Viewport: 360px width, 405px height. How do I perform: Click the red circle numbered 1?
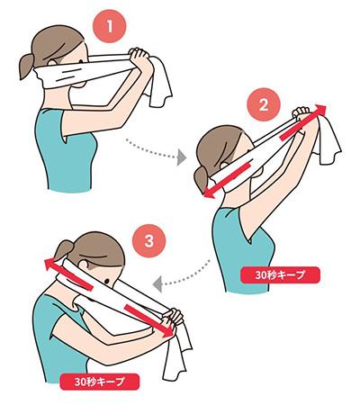pos(110,26)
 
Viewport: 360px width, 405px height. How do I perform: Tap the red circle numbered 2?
pos(264,104)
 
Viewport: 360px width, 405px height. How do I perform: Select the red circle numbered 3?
pos(149,241)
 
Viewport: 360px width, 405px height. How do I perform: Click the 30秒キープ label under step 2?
pos(280,274)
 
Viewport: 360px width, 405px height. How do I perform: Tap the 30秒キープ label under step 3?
pos(99,382)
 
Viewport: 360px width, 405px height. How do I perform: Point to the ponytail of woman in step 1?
pos(27,66)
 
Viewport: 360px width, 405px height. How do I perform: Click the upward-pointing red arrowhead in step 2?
pos(320,111)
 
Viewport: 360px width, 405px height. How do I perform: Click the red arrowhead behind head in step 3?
pos(50,264)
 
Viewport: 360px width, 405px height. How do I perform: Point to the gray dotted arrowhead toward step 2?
pos(182,157)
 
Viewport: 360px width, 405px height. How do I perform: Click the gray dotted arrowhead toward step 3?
pos(157,284)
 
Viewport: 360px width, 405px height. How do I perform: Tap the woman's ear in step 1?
pos(51,63)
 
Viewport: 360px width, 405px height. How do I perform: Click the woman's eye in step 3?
pos(106,281)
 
